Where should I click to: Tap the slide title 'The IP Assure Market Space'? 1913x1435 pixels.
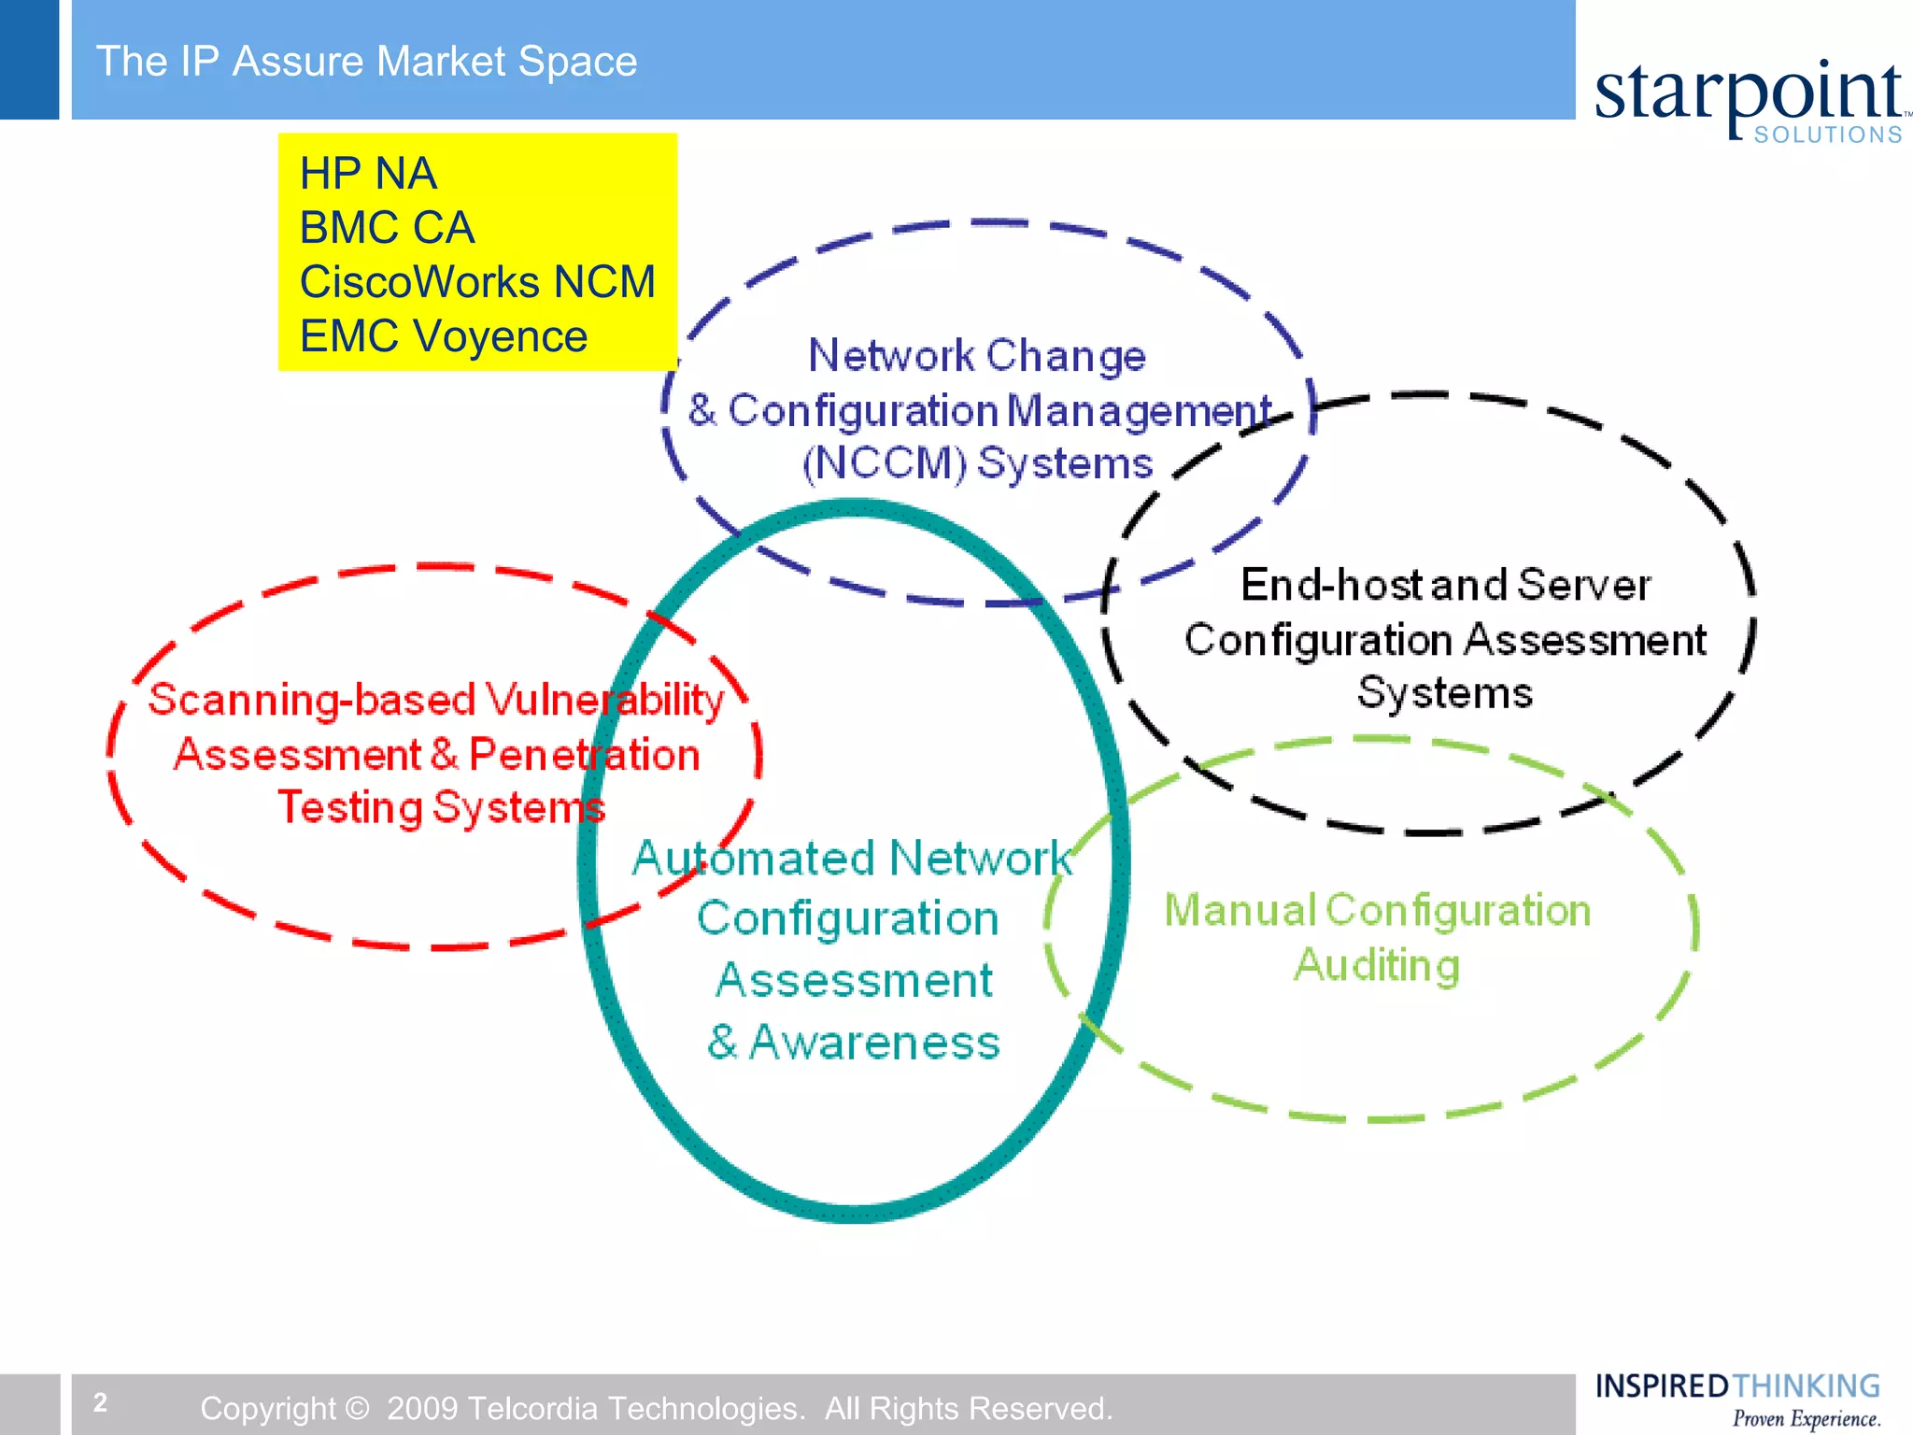(x=366, y=62)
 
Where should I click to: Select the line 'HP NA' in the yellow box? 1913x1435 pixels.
(x=368, y=174)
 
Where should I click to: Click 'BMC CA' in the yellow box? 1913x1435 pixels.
(x=387, y=228)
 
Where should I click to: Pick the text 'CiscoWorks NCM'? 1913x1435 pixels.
(x=477, y=282)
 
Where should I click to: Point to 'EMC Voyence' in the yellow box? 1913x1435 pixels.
(x=444, y=336)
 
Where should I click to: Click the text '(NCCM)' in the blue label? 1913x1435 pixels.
(x=884, y=463)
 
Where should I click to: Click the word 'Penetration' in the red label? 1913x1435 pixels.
(x=584, y=755)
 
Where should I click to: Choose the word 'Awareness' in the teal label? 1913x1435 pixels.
(x=874, y=1043)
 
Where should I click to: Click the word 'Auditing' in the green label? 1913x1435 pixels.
(x=1377, y=965)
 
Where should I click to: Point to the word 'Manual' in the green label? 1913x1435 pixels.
(x=1240, y=910)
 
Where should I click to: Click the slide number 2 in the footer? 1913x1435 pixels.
(x=100, y=1402)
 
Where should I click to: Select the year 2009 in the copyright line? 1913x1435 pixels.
(x=422, y=1408)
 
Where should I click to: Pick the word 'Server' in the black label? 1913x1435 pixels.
(x=1584, y=585)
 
